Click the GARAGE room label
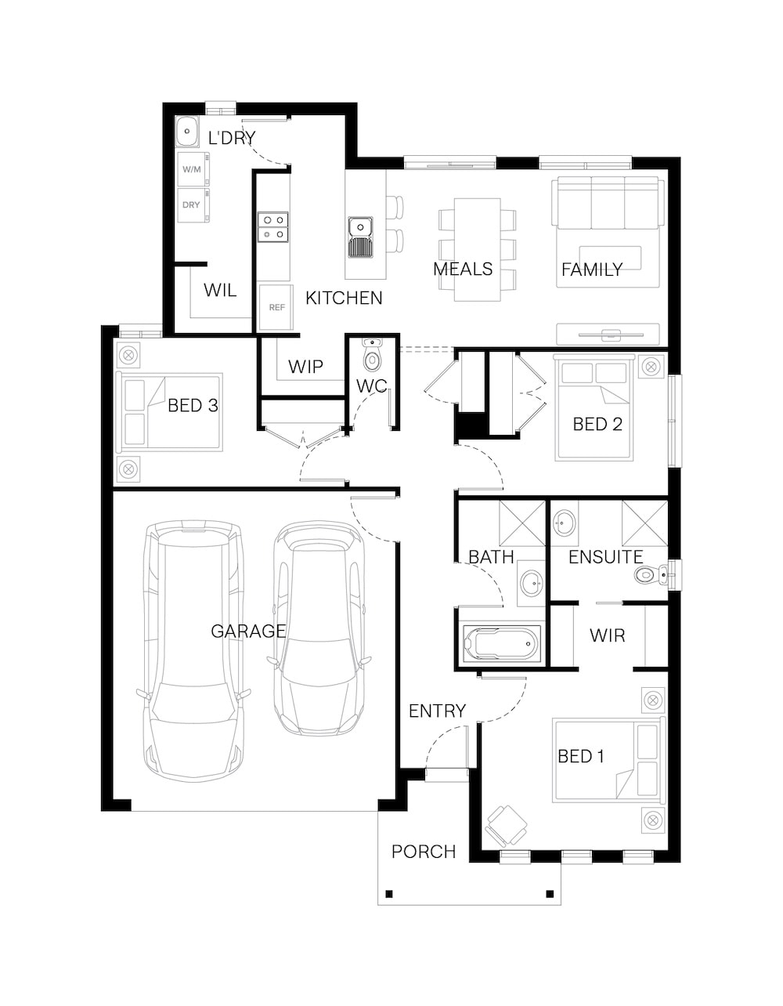pos(248,631)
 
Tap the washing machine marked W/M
pos(193,169)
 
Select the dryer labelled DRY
pos(193,204)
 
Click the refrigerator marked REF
pos(276,307)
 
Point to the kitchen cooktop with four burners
pos(272,227)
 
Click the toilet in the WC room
pos(371,355)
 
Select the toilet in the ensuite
pos(651,575)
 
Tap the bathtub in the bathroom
pos(501,644)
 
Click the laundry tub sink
pos(187,131)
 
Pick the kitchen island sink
pos(361,237)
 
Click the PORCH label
pos(423,852)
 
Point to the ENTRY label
pos(437,711)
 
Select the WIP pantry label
pos(305,367)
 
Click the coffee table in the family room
pos(610,258)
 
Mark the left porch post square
pos(389,893)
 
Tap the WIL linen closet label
pos(220,290)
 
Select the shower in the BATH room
pos(522,523)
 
